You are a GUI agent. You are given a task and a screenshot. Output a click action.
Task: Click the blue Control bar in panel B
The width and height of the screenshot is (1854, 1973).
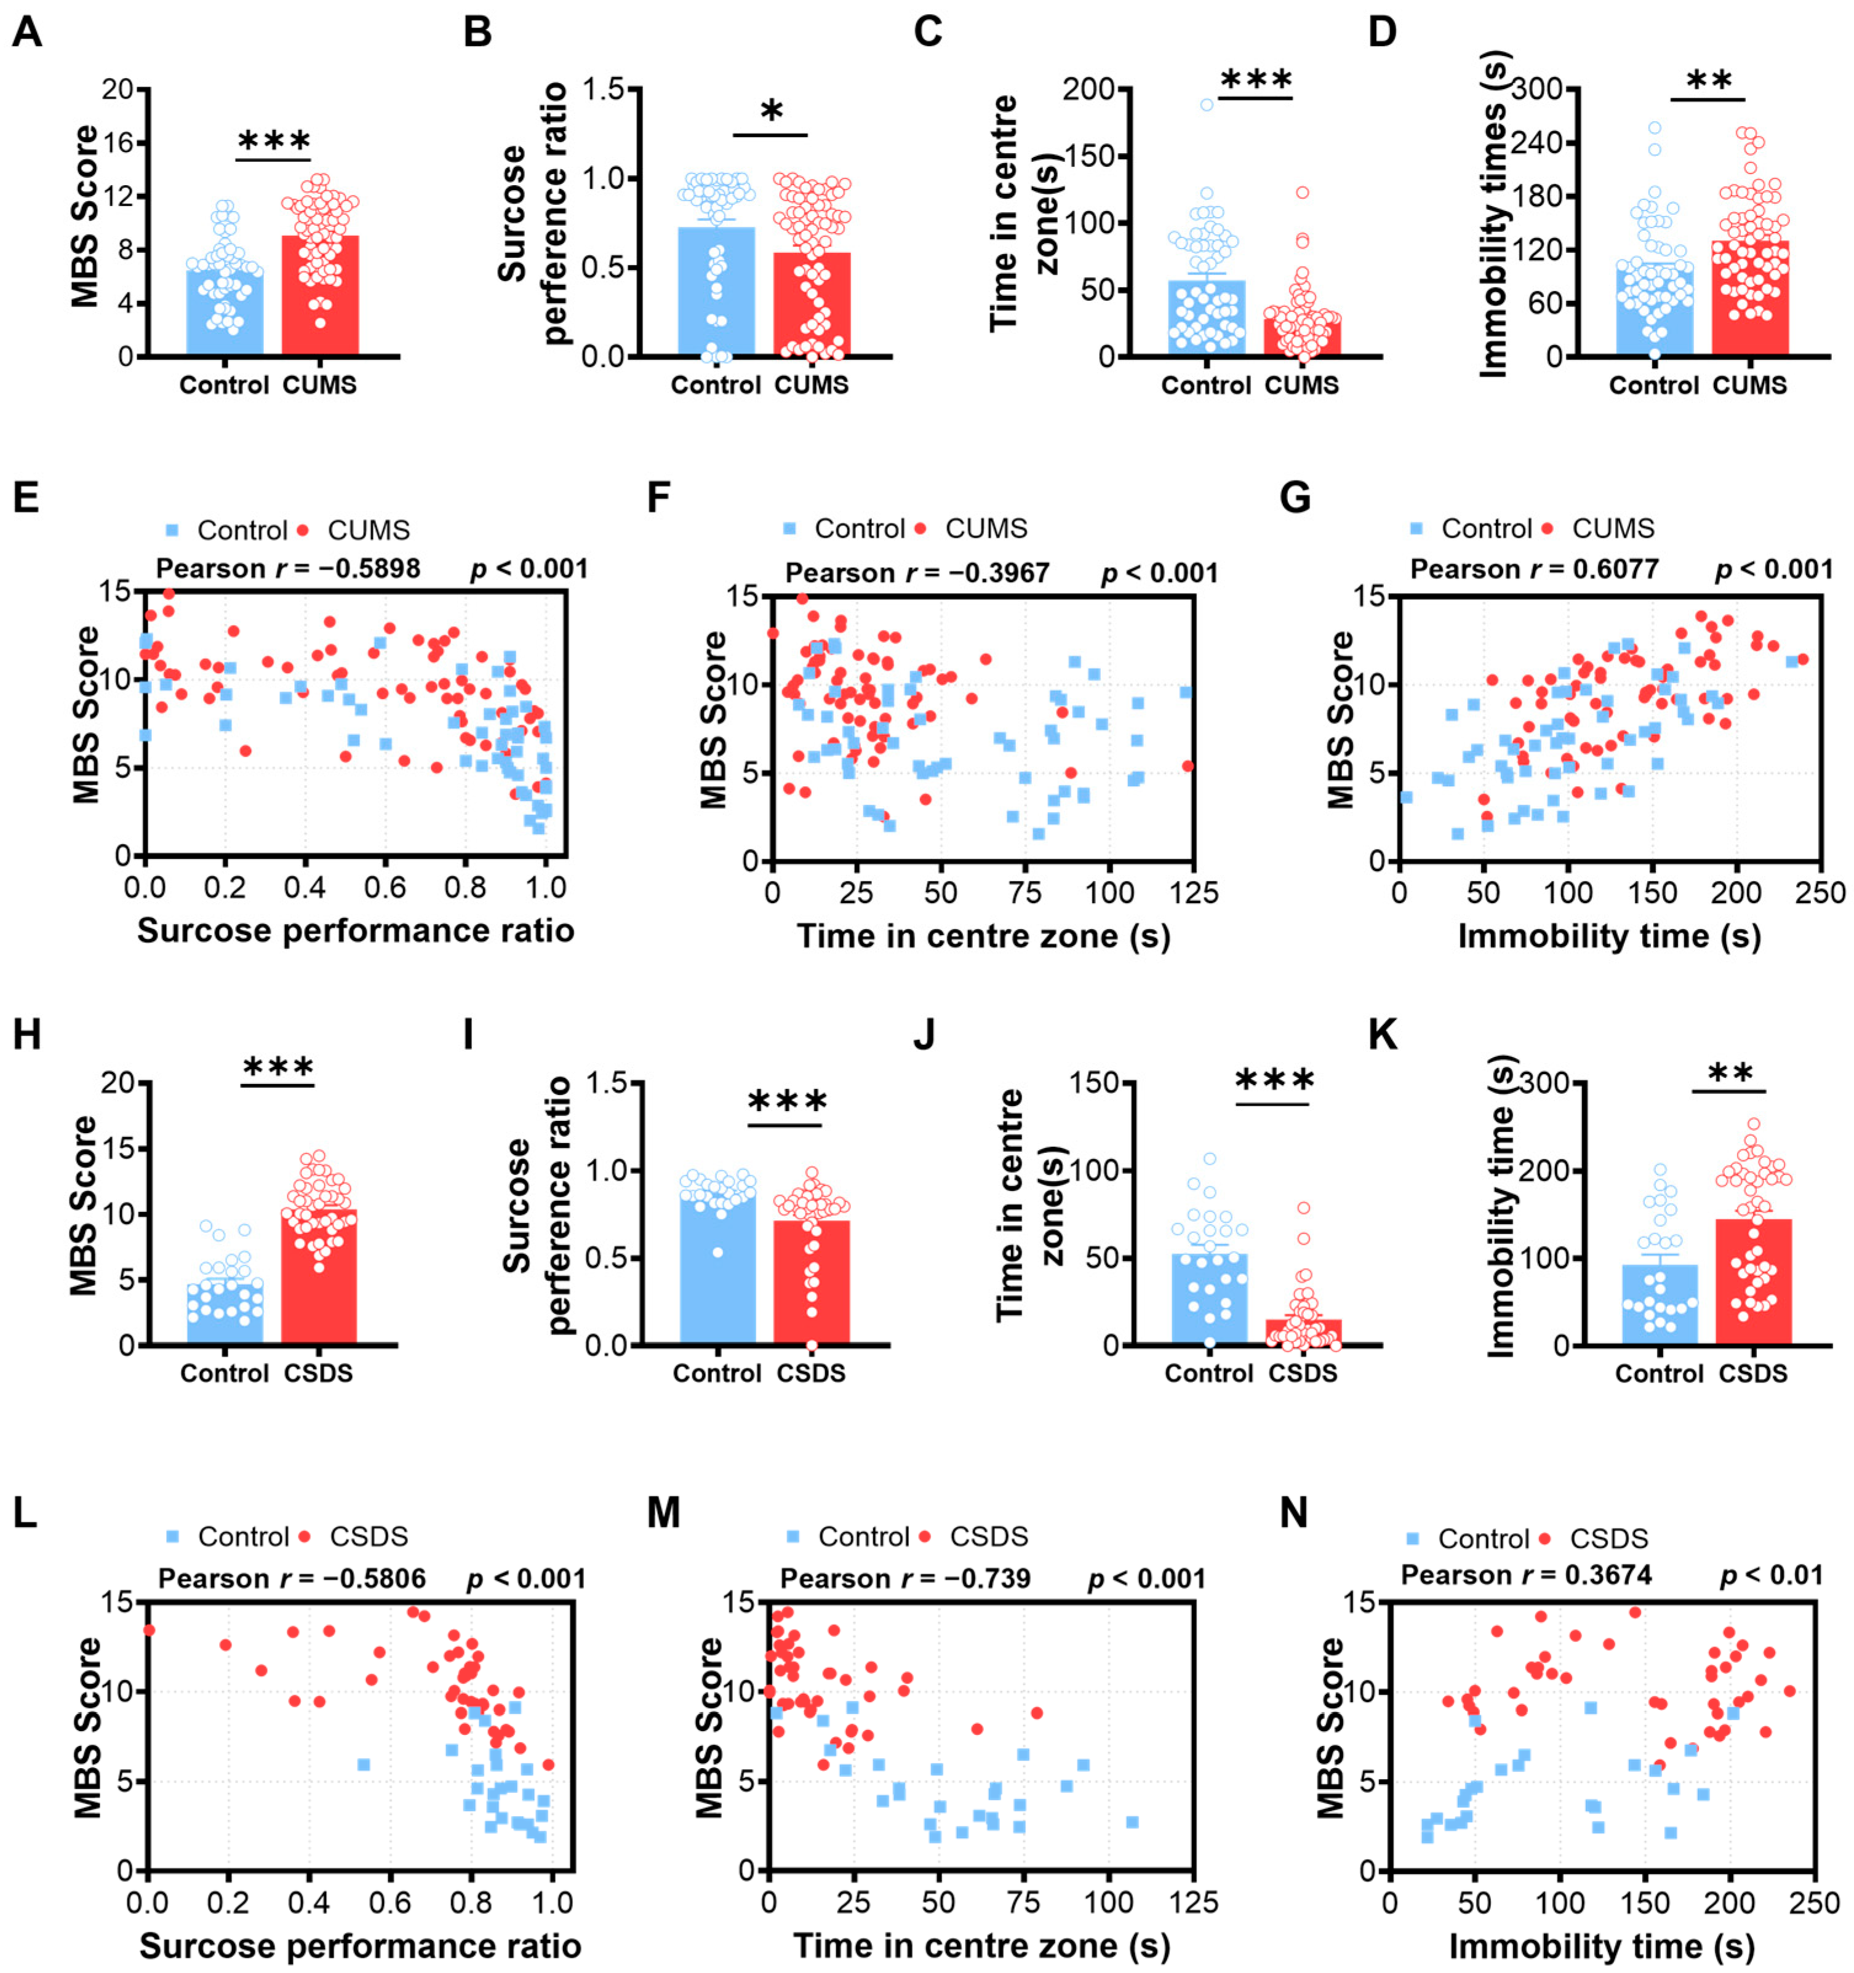(x=716, y=291)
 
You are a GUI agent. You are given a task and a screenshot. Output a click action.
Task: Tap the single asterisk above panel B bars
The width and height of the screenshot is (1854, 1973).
(x=771, y=111)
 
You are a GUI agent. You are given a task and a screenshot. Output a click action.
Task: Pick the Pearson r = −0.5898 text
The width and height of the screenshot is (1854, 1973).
(x=288, y=568)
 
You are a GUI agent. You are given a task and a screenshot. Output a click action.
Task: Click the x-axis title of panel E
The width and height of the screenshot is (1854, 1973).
(x=355, y=931)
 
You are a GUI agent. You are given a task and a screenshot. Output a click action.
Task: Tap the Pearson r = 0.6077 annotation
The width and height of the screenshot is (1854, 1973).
(x=1535, y=568)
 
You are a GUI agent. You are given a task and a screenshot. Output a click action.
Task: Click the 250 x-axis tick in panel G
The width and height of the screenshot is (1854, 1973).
(x=1820, y=892)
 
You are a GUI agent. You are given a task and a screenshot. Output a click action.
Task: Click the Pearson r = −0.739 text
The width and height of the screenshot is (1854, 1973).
(x=905, y=1578)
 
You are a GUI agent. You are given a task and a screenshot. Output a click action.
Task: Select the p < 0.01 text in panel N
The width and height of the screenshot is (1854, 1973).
(x=1772, y=1574)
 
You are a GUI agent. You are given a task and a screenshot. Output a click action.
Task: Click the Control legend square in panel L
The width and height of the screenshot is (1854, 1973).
(x=173, y=1536)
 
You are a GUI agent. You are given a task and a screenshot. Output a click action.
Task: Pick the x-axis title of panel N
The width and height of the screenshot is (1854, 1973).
(x=1602, y=1946)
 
